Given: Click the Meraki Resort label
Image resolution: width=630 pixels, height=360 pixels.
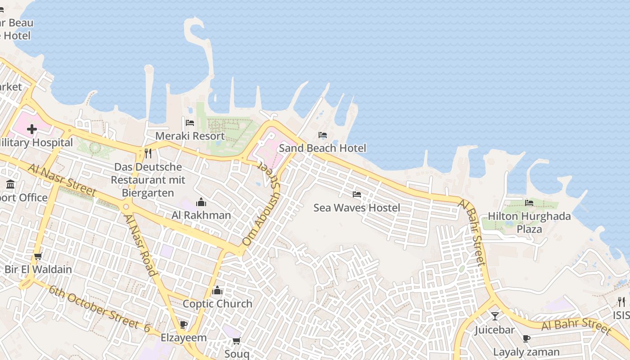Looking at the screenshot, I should [x=190, y=136].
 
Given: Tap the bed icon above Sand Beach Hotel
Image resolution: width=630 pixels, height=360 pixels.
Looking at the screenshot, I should [x=322, y=135].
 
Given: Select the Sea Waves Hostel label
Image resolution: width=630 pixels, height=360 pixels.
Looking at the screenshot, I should [x=356, y=208].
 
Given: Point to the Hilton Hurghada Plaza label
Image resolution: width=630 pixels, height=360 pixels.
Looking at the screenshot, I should [x=529, y=223].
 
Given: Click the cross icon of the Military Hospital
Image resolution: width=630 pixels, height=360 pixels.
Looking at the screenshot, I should [x=32, y=130].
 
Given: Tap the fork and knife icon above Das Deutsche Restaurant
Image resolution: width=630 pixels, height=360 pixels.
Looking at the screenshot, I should [x=148, y=153].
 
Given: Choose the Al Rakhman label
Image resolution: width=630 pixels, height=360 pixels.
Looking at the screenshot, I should [x=201, y=215].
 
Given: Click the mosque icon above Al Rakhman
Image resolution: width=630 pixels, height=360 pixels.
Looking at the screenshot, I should [x=201, y=202].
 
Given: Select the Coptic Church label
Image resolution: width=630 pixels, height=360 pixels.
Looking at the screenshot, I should [x=217, y=304].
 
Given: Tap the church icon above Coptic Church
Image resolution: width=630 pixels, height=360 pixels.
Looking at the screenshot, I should [x=217, y=291].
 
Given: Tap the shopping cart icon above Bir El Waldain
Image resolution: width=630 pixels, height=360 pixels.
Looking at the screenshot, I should [x=38, y=256].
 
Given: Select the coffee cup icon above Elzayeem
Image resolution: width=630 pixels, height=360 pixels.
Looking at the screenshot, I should [x=183, y=324].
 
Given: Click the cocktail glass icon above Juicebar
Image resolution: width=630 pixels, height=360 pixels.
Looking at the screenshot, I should [x=495, y=316].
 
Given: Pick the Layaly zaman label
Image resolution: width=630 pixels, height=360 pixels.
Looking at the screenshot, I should [x=526, y=352].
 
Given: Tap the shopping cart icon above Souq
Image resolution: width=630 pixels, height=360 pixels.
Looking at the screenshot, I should [x=236, y=341].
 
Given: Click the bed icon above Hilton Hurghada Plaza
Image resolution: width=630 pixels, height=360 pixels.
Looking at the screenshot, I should [x=529, y=203].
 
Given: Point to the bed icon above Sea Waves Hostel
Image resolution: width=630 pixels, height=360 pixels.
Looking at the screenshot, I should [x=357, y=194].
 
